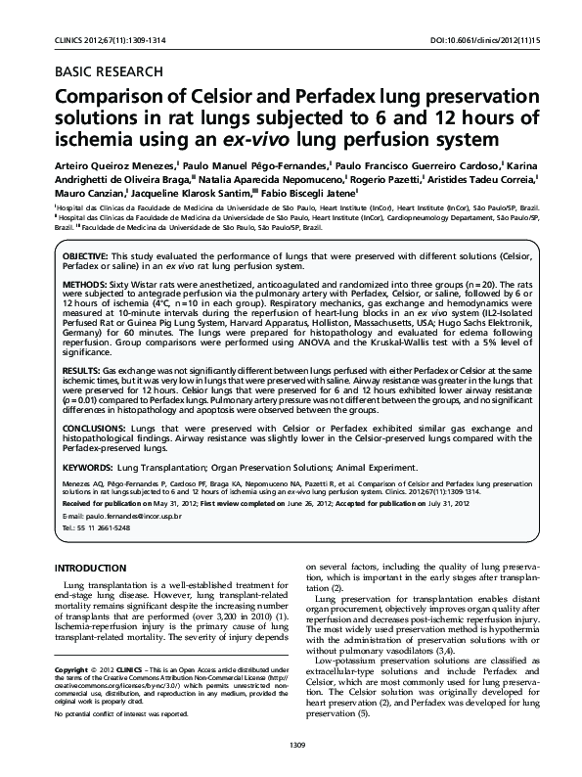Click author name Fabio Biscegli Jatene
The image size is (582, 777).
302,194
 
